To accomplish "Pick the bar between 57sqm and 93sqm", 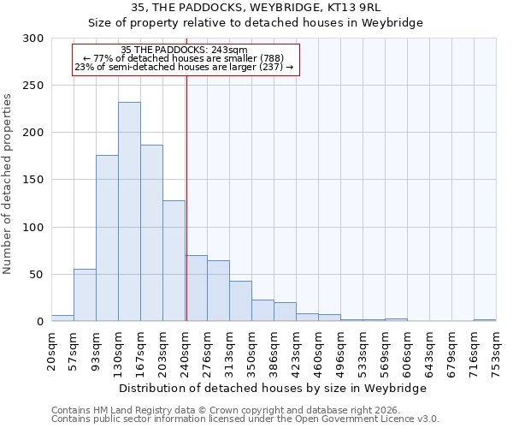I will point(85,295).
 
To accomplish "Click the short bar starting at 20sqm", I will point(62,318).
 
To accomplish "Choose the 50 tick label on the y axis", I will point(36,275).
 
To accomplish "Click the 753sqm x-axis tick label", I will point(496,351).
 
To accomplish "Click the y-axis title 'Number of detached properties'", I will point(8,184).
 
